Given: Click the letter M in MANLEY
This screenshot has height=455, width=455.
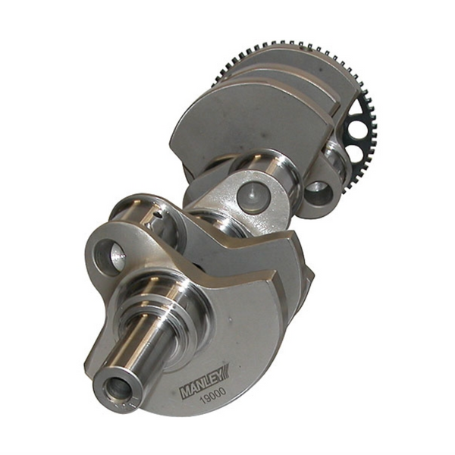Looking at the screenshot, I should coord(184,393).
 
